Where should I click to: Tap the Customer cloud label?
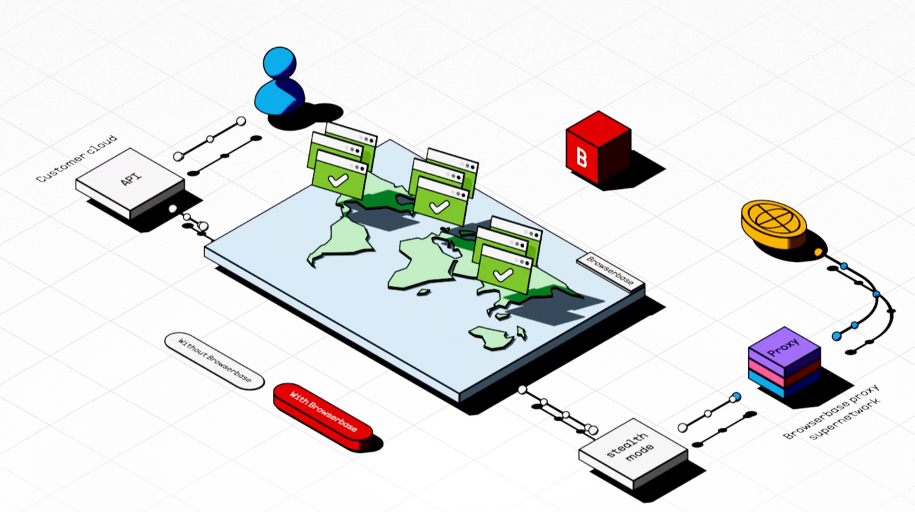[76, 159]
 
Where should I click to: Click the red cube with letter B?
[597, 147]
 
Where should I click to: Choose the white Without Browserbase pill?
[214, 360]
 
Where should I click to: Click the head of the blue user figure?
[279, 62]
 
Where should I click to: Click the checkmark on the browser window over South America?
[339, 180]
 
